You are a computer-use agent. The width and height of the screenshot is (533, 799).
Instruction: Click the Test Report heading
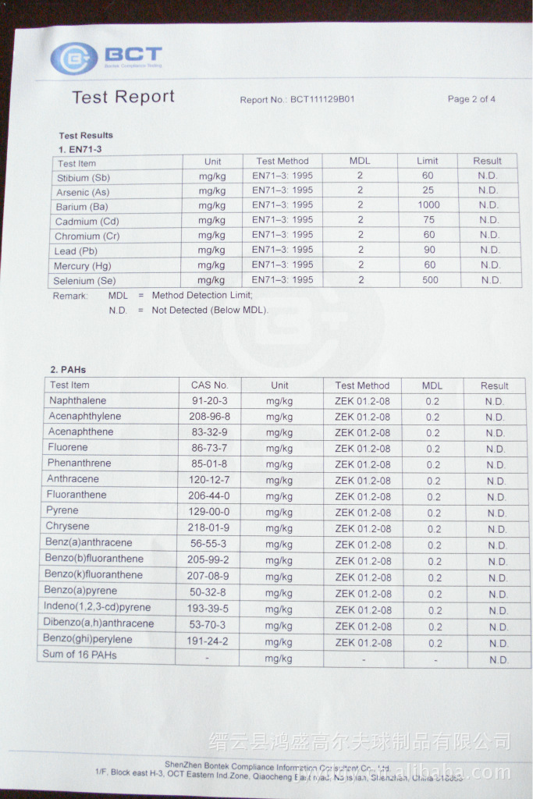point(123,97)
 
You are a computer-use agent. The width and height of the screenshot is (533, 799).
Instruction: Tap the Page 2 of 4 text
point(471,99)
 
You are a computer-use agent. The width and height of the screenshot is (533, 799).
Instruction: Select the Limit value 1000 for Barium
point(428,205)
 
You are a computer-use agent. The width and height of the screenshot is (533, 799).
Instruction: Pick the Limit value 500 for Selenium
point(430,280)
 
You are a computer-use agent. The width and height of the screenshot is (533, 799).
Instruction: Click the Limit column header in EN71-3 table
point(428,161)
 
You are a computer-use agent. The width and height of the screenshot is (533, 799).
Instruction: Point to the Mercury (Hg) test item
point(83,266)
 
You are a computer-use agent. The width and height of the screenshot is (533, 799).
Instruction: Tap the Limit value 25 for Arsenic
point(428,190)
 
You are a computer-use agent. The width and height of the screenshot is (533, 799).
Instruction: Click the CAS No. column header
point(209,385)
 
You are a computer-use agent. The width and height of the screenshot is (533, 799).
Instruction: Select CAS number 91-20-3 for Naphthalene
point(209,401)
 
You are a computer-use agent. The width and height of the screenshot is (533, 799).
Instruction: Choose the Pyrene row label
point(62,510)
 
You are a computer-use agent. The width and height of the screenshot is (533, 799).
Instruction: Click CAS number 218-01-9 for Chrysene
point(209,528)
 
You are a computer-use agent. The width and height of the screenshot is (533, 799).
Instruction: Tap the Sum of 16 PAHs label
point(80,655)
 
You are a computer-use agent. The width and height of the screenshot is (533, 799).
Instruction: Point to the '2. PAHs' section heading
point(68,369)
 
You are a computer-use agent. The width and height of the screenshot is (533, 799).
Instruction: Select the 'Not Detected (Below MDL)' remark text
point(209,310)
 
